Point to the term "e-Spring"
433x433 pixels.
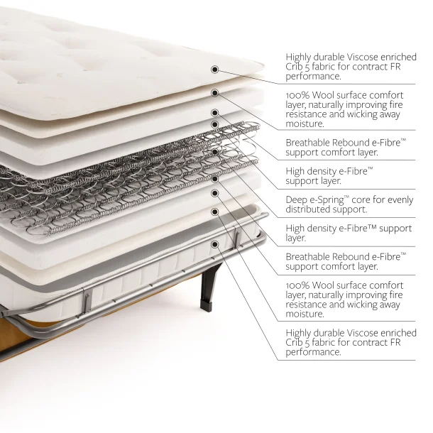pos(329,200)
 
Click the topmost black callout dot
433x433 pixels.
pos(215,70)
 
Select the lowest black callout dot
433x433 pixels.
pos(215,244)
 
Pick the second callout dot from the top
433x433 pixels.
pos(215,93)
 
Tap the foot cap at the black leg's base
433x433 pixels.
pos(207,306)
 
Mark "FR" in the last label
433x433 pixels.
pos(395,343)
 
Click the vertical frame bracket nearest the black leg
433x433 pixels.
pos(236,236)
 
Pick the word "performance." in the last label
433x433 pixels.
pos(313,352)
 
